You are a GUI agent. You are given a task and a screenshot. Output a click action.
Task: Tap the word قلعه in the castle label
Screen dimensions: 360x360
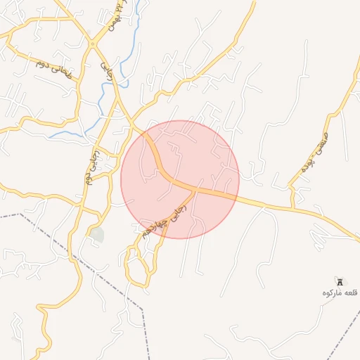[x=349, y=292]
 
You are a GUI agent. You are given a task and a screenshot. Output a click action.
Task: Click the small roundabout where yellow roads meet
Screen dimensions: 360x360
[x=92, y=44]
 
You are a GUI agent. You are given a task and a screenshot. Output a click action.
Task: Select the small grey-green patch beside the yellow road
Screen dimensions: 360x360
[x=96, y=235]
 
